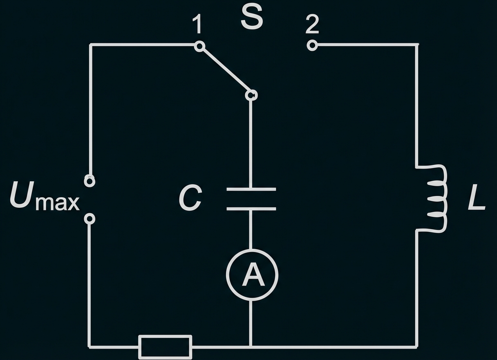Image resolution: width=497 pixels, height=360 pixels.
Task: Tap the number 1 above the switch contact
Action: point(198,25)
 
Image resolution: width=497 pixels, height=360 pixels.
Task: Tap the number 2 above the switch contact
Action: point(312,25)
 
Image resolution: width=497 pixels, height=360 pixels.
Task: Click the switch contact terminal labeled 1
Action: point(199,46)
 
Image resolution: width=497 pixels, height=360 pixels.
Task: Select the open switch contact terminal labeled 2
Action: point(312,45)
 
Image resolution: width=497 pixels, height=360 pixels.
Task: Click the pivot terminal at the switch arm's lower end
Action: point(251,95)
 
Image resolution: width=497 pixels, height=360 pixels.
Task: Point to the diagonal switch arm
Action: point(225,70)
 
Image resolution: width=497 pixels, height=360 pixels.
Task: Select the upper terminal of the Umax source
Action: point(90,181)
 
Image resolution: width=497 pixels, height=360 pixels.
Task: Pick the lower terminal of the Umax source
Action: point(90,219)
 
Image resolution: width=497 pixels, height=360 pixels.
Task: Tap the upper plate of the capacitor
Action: point(251,189)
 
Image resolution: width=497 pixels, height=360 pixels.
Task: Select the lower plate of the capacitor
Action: point(251,209)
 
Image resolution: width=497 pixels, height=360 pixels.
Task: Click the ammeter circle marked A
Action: point(252,274)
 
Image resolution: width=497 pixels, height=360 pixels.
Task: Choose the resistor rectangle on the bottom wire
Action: point(165,346)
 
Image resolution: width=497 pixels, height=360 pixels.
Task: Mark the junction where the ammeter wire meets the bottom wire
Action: point(251,347)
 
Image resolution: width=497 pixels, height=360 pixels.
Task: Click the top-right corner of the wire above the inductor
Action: point(417,45)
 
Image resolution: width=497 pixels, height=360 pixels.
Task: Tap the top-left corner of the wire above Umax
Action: point(91,45)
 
